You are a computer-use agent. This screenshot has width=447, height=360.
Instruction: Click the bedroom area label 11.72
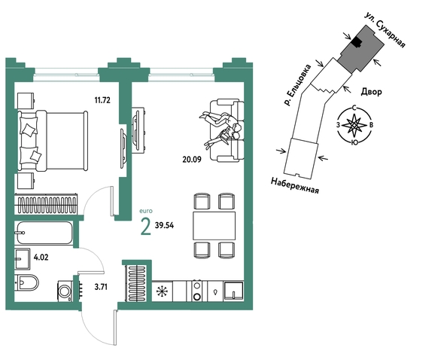click(102, 100)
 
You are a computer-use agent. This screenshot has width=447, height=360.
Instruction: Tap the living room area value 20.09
click(192, 159)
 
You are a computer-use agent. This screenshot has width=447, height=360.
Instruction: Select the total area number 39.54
click(165, 225)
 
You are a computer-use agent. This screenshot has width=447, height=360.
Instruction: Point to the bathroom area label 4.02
click(41, 258)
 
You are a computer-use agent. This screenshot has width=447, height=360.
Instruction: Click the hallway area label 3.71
click(101, 287)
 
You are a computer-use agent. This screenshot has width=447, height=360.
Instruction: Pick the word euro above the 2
click(146, 211)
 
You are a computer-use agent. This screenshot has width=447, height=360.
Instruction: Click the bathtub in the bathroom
click(44, 233)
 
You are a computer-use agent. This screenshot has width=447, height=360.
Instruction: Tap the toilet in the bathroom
click(27, 282)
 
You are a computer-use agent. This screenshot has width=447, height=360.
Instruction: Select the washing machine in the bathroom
click(65, 291)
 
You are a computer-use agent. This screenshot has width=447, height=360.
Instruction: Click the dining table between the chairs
click(214, 226)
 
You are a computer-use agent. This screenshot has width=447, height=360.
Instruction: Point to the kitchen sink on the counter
click(234, 291)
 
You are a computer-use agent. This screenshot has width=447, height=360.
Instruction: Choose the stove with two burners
click(197, 291)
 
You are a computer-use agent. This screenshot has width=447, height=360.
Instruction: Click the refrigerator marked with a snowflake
click(163, 291)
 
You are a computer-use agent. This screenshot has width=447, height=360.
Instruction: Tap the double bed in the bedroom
click(53, 141)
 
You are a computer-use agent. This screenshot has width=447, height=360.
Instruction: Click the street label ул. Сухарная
click(385, 29)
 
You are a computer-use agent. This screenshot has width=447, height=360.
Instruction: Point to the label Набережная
click(294, 185)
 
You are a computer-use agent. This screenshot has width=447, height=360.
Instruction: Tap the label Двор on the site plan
click(371, 92)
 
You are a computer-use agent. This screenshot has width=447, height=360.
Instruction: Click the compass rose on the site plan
click(354, 125)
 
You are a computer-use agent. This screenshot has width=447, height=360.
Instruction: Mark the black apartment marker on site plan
click(356, 42)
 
